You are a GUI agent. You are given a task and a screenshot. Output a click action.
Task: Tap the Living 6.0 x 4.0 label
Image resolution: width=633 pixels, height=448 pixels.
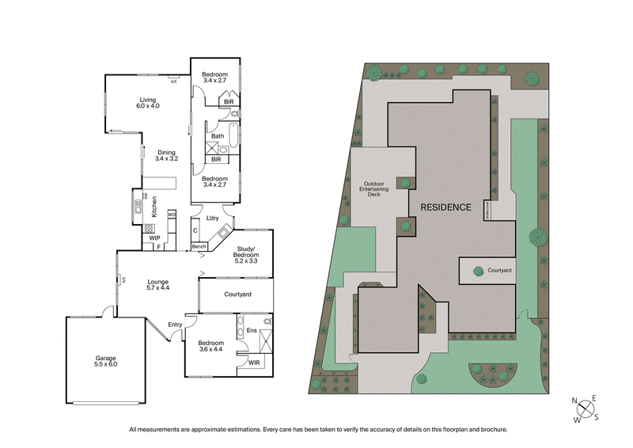pos(148,102)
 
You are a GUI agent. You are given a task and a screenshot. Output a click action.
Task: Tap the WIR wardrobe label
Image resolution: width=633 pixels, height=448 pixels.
pos(254,363)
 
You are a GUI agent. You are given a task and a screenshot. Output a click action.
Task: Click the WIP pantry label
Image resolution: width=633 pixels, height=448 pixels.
pos(155,237)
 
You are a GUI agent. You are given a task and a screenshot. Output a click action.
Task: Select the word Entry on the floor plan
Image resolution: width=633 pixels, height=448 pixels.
pos(175,324)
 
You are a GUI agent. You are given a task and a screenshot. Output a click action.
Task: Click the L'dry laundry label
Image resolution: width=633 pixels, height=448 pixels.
pos(212,218)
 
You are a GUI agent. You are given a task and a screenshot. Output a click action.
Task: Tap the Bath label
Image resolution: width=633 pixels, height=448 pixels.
pos(217,136)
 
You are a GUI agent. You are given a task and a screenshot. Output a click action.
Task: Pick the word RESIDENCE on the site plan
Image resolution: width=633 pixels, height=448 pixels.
pos(445,207)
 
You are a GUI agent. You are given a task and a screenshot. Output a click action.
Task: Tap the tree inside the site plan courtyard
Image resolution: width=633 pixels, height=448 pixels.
pos(478,271)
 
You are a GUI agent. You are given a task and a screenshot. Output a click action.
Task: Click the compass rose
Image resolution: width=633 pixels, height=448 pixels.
pos(586,409)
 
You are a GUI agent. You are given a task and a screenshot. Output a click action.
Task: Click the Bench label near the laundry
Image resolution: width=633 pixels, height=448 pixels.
pos(199,247)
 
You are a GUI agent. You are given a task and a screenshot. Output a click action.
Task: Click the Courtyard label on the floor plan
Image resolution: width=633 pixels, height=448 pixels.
pos(237,294)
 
